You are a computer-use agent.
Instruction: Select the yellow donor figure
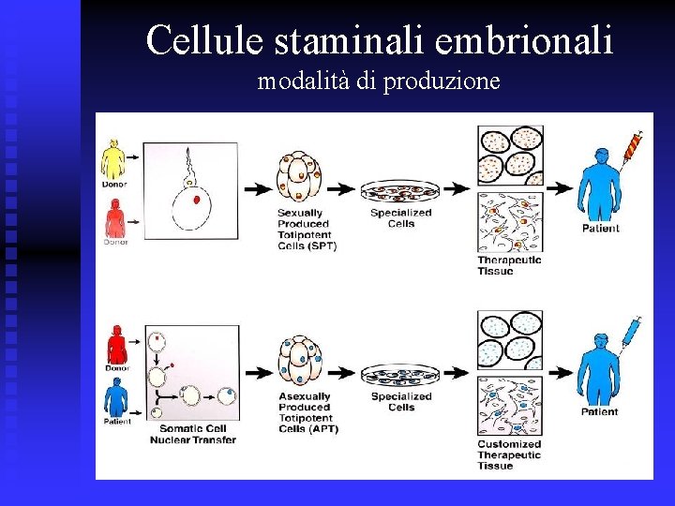click(112, 159)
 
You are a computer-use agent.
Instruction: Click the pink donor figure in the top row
click(113, 222)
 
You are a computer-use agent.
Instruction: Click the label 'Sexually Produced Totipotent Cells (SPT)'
click(307, 230)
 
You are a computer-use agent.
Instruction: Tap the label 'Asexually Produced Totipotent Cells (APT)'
click(307, 413)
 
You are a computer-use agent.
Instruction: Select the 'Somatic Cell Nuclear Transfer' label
click(193, 435)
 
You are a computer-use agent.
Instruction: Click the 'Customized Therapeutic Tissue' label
click(509, 455)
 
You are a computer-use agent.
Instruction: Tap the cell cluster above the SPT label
click(299, 177)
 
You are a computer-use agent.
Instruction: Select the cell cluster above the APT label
click(299, 361)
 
